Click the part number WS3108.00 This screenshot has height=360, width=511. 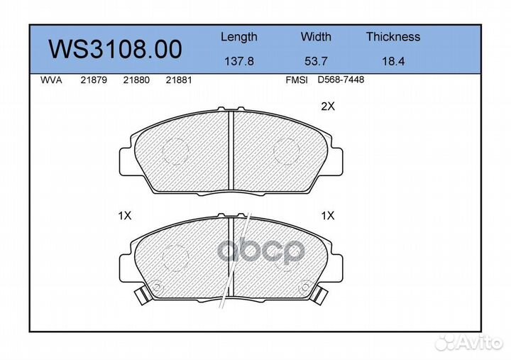tap(115, 49)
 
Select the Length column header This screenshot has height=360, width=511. tap(239, 37)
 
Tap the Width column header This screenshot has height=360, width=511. tap(316, 36)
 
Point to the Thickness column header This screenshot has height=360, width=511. tap(393, 36)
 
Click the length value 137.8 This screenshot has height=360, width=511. tap(239, 61)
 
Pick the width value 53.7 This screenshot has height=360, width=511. tap(316, 61)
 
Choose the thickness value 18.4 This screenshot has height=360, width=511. tap(393, 61)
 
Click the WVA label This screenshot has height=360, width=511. tap(51, 80)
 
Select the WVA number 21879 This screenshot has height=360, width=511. tap(94, 80)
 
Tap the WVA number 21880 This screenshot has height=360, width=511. tap(136, 80)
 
